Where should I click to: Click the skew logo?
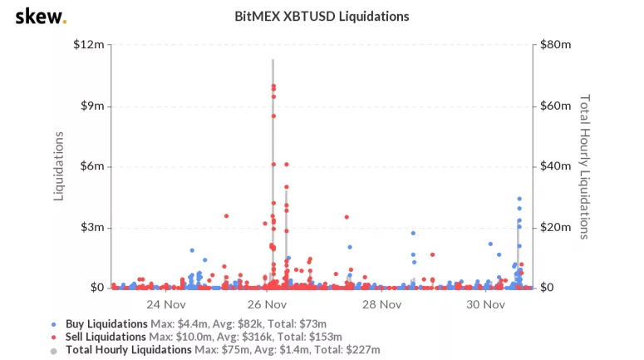[x=41, y=16]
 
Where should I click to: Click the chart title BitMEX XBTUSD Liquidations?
[x=322, y=16]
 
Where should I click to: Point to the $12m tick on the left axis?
[x=89, y=44]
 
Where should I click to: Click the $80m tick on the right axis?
[x=556, y=44]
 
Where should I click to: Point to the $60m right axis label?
[x=556, y=106]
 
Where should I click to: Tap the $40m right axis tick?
[x=556, y=166]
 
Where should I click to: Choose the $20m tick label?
[x=556, y=227]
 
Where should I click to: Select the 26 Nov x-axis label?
[x=268, y=304]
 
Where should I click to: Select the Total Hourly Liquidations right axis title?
[x=584, y=165]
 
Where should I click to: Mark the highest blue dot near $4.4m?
[x=519, y=199]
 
